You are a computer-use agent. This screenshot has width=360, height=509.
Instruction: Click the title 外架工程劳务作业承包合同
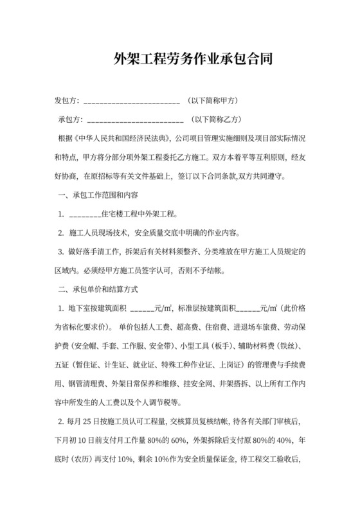click(180, 61)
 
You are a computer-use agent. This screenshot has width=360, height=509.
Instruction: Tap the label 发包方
click(66, 102)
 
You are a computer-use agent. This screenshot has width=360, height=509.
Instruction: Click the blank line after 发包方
click(131, 103)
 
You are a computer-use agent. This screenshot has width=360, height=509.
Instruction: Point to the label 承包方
click(70, 120)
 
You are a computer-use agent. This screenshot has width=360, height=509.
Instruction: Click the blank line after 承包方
click(135, 121)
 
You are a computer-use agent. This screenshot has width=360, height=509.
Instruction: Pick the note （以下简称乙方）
click(215, 120)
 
